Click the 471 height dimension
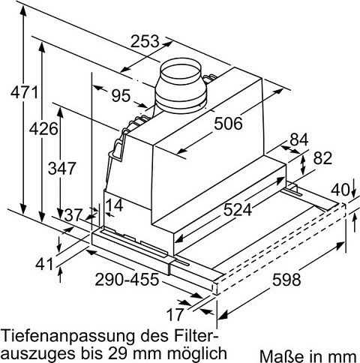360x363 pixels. [x=24, y=92]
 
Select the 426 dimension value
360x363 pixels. [x=43, y=129]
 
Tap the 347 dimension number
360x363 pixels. [x=62, y=168]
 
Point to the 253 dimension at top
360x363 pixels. [x=145, y=41]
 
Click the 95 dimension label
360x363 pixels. [x=121, y=95]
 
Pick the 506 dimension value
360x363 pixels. [x=228, y=124]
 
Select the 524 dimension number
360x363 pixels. [x=237, y=209]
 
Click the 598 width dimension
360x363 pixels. [x=286, y=280]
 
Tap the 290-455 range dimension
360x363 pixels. [x=127, y=279]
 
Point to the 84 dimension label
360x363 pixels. [x=299, y=139]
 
